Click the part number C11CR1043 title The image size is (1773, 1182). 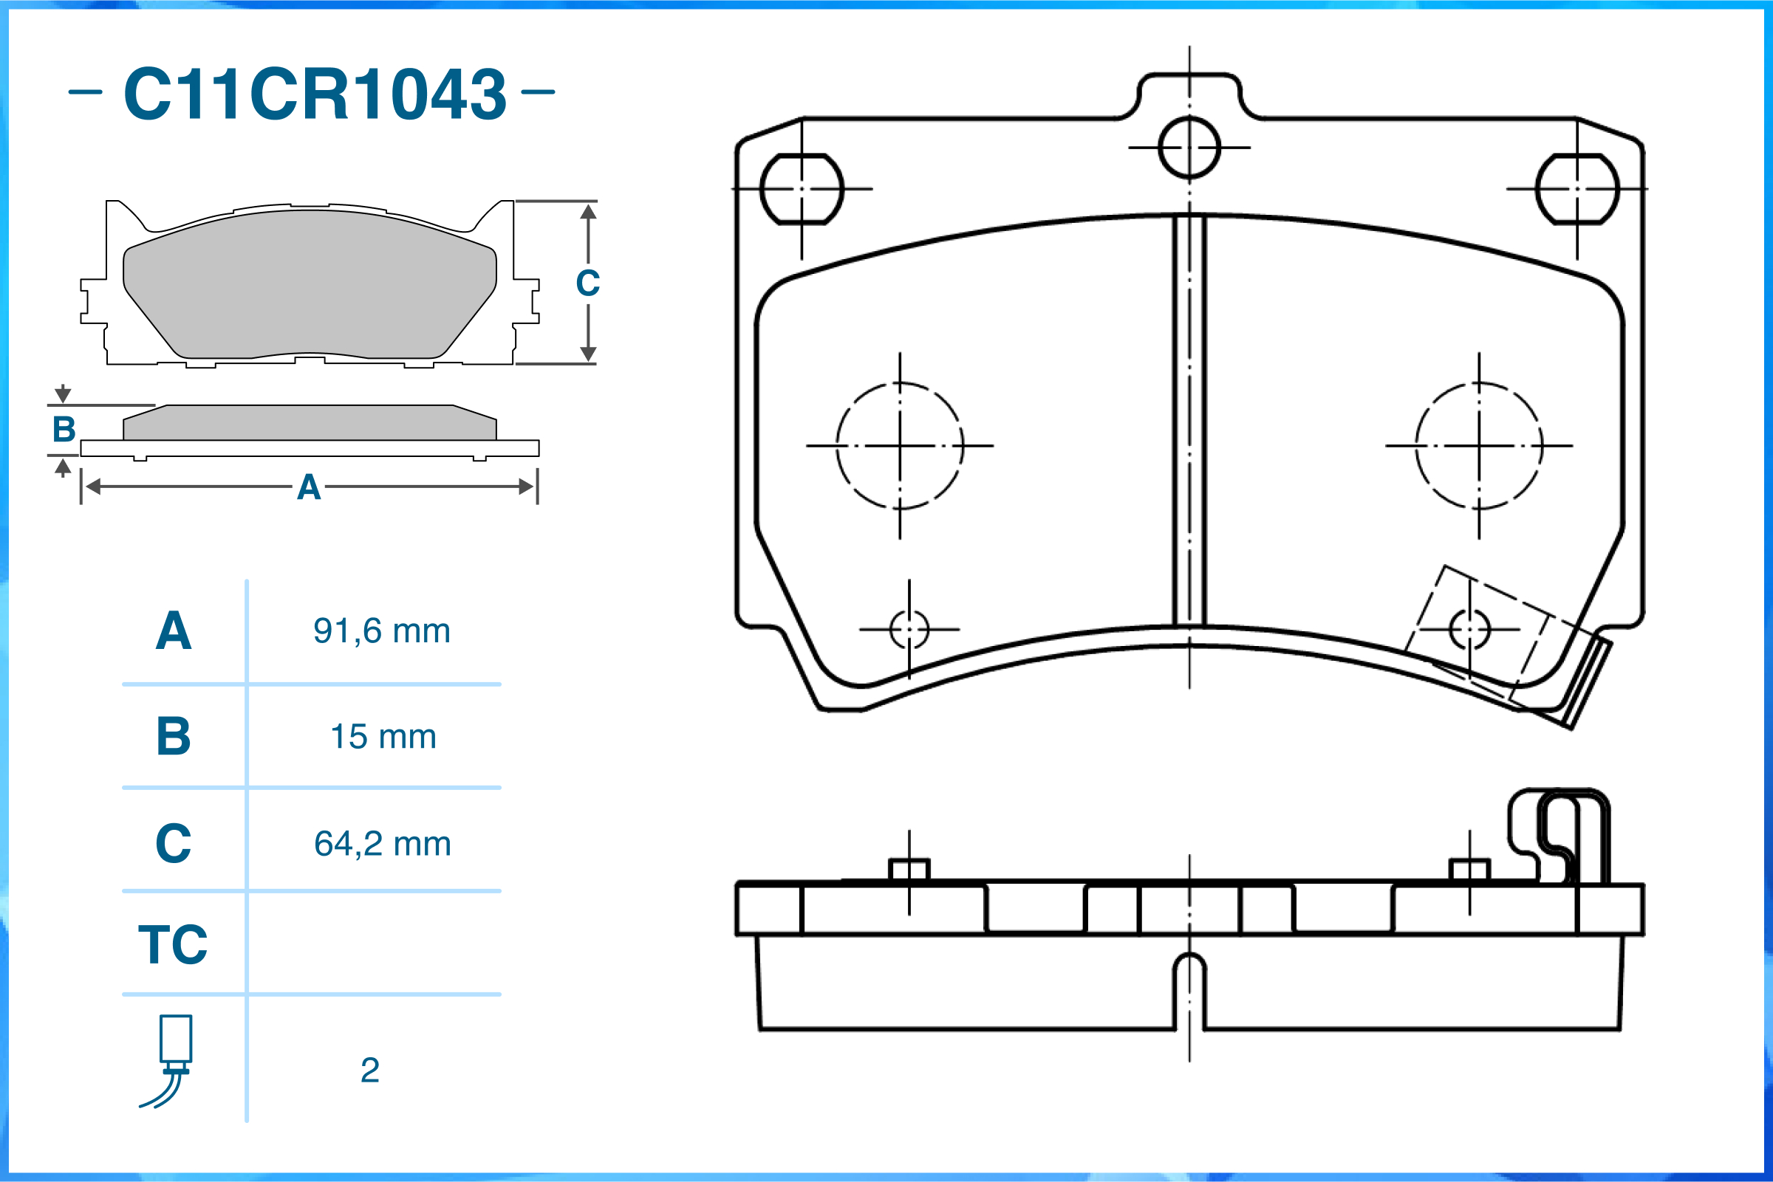(315, 94)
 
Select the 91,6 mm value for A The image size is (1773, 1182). (382, 631)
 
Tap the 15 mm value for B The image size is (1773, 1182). (383, 737)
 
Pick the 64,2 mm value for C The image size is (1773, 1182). (383, 844)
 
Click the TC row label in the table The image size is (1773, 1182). (173, 944)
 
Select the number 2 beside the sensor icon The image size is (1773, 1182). (369, 1071)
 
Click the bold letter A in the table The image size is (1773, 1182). (174, 631)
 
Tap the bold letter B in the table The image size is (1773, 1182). (174, 737)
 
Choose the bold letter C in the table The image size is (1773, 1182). (174, 844)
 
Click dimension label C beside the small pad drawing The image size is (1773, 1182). (587, 284)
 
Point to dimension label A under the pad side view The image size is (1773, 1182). (309, 488)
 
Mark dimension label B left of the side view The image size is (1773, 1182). (64, 430)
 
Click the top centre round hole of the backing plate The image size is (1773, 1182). (1189, 148)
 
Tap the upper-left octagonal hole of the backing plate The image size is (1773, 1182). (802, 188)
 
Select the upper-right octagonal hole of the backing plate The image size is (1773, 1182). (1577, 188)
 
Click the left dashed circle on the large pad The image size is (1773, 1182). (900, 446)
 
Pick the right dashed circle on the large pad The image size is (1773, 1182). (1479, 446)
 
